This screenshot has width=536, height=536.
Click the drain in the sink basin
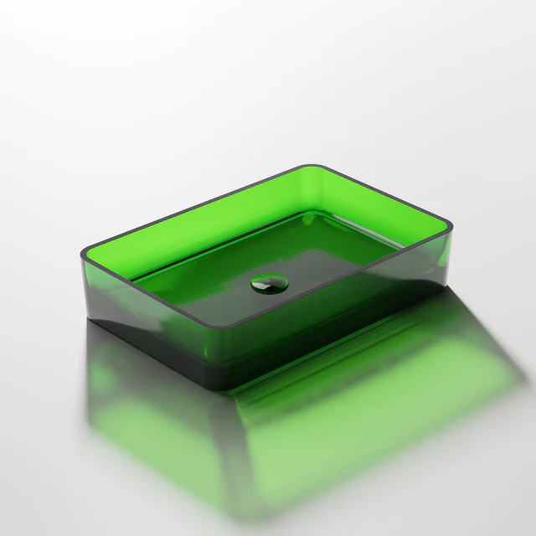[x=269, y=283]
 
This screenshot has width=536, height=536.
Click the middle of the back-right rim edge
[x=382, y=195]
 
